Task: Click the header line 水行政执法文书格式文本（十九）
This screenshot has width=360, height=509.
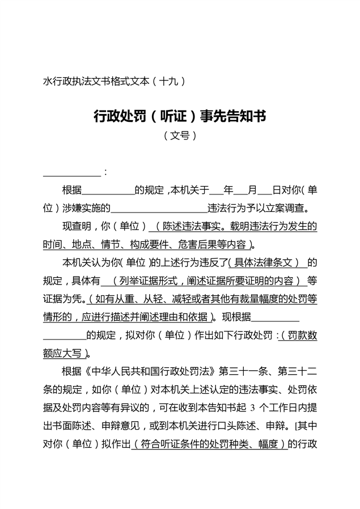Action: [114, 81]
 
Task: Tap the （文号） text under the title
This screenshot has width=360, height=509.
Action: [180, 136]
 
